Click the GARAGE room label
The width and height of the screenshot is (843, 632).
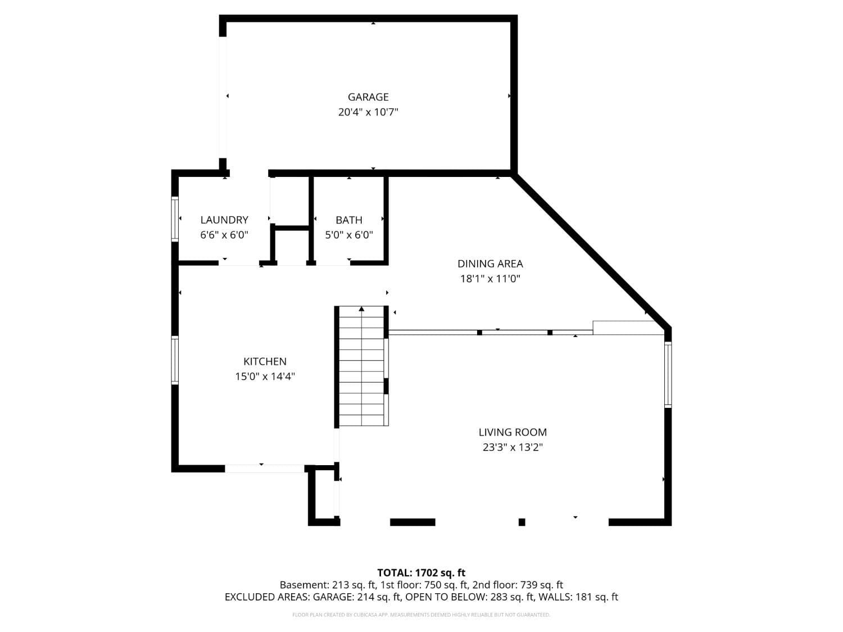(368, 97)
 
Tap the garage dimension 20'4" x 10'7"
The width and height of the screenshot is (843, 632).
(368, 112)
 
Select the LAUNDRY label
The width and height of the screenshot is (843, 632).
(224, 220)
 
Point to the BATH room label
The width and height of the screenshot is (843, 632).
(349, 220)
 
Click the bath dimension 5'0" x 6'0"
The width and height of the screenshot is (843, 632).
(349, 235)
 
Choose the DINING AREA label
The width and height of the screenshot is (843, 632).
(490, 263)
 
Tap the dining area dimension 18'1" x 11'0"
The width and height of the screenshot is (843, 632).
(490, 279)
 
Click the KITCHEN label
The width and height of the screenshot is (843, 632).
(265, 361)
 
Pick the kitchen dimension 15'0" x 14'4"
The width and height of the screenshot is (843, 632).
(265, 376)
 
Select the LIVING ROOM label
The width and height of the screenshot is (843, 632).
(513, 432)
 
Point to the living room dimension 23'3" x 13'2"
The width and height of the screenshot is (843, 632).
(513, 447)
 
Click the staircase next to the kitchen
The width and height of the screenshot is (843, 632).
(361, 366)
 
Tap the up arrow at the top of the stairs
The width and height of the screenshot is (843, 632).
(361, 308)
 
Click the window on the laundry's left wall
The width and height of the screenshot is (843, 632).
(175, 219)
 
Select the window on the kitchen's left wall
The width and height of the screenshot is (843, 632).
(175, 360)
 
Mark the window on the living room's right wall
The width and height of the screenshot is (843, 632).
(668, 375)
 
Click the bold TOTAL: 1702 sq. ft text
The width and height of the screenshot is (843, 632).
(422, 573)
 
